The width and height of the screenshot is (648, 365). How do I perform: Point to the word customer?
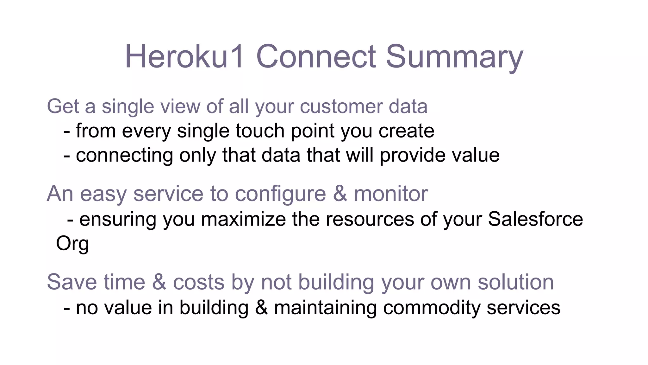[341, 106]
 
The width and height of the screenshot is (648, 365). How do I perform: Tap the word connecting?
[124, 155]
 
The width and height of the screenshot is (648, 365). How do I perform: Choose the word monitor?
[391, 194]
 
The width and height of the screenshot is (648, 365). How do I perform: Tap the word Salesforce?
[535, 219]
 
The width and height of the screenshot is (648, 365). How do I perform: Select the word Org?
[72, 244]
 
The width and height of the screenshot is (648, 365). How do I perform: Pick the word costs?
[199, 282]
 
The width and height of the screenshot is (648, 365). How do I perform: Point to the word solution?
[515, 282]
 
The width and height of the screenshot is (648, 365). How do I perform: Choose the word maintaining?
[325, 308]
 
